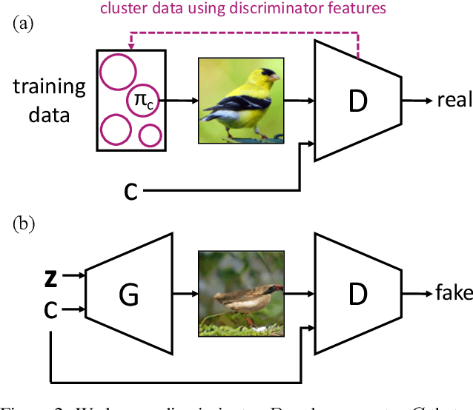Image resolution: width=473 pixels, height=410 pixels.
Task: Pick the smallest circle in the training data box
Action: (x=150, y=135)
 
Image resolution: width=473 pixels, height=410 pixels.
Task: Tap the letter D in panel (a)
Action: (x=357, y=100)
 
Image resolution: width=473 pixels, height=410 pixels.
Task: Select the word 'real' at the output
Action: (x=454, y=100)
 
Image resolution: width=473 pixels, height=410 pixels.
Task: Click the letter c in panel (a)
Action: (x=130, y=192)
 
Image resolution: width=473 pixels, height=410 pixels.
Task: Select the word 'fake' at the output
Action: (x=454, y=293)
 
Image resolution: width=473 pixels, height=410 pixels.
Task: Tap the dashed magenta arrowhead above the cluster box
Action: (x=130, y=47)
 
